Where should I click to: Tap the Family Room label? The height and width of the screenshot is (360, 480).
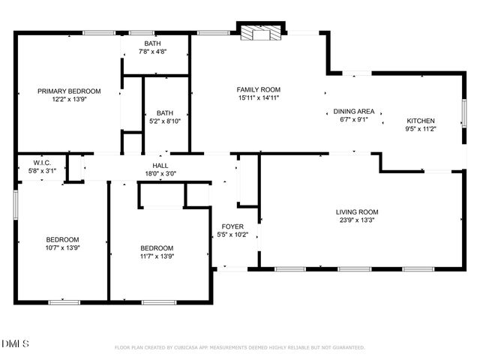pyautogui.click(x=259, y=89)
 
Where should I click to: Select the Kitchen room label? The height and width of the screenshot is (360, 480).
pyautogui.click(x=420, y=120)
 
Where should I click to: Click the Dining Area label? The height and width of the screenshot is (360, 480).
pyautogui.click(x=354, y=109)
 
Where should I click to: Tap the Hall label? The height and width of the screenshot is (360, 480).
pyautogui.click(x=160, y=166)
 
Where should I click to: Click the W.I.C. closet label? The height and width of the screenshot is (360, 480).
pyautogui.click(x=42, y=163)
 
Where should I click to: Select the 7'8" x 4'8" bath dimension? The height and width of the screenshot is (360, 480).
pyautogui.click(x=152, y=52)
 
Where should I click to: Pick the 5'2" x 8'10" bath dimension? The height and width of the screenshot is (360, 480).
pyautogui.click(x=165, y=121)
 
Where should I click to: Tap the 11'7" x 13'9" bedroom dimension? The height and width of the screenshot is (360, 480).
pyautogui.click(x=157, y=257)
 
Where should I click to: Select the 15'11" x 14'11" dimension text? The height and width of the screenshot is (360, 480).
pyautogui.click(x=259, y=98)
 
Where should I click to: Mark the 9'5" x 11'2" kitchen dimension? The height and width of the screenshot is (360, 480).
pyautogui.click(x=420, y=129)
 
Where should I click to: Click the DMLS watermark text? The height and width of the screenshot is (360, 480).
pyautogui.click(x=16, y=344)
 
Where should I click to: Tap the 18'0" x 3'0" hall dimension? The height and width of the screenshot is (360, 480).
pyautogui.click(x=160, y=174)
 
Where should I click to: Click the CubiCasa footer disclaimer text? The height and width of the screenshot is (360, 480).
pyautogui.click(x=239, y=348)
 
